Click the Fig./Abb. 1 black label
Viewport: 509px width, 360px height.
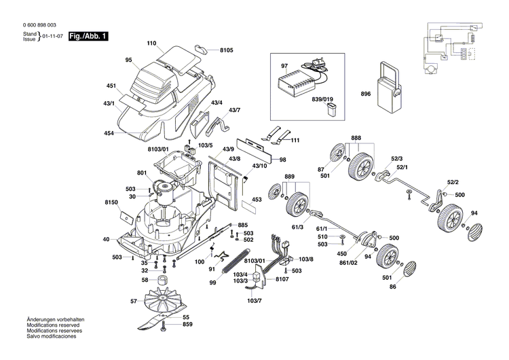(x=90, y=35)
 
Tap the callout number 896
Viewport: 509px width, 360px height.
(x=366, y=94)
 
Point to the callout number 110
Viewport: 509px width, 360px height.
(x=152, y=43)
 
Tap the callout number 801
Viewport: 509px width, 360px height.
(x=141, y=173)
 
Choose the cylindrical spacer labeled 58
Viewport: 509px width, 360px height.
(x=164, y=281)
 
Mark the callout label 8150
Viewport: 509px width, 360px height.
(x=112, y=202)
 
